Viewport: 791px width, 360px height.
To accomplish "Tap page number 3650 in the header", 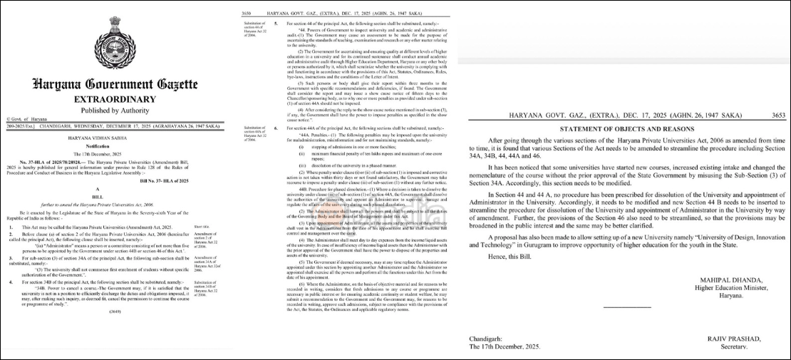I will click(247, 14).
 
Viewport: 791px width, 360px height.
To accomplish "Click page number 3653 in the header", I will click(778, 114).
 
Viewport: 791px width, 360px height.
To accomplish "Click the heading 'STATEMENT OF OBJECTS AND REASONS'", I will click(627, 129).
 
